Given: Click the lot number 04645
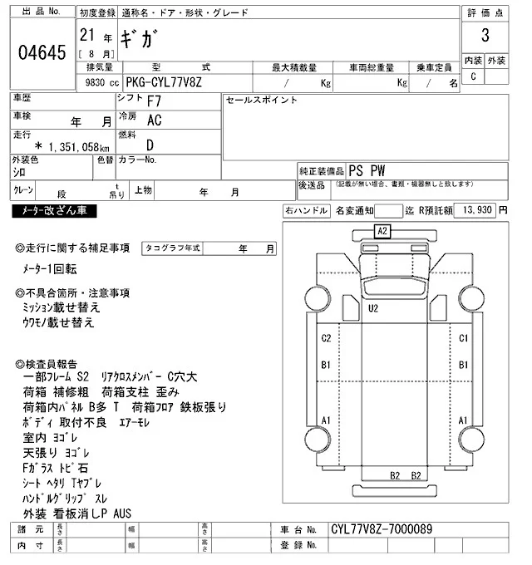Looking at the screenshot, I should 41,54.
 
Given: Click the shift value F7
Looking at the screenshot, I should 155,101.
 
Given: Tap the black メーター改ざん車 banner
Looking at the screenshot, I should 55,211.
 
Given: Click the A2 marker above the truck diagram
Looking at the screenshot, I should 382,230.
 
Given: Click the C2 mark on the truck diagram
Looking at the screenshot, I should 327,338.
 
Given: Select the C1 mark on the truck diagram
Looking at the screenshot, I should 464,338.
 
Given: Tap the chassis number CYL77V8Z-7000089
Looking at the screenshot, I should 382,529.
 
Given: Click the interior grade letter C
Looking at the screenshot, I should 473,76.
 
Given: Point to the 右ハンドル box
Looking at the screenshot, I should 306,211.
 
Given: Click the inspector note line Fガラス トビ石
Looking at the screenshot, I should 55,469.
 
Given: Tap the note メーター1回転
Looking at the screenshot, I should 50,269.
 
